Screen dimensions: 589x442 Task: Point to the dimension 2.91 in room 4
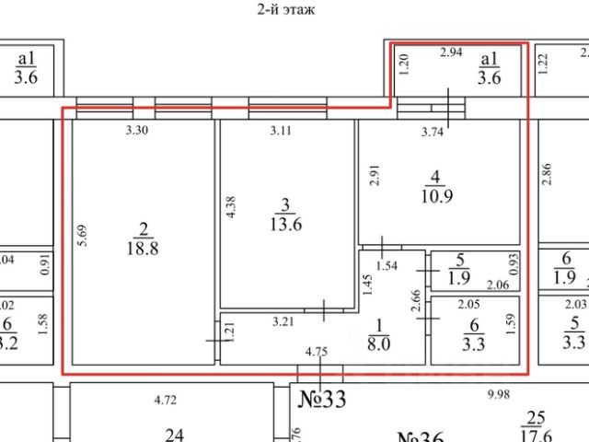point(374,176)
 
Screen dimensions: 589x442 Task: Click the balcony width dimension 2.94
point(451,52)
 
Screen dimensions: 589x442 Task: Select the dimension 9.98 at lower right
point(498,394)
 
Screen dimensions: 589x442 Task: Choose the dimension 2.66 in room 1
point(417,302)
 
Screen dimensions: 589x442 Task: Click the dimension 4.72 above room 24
point(166,401)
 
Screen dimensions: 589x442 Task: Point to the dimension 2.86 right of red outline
point(547,174)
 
